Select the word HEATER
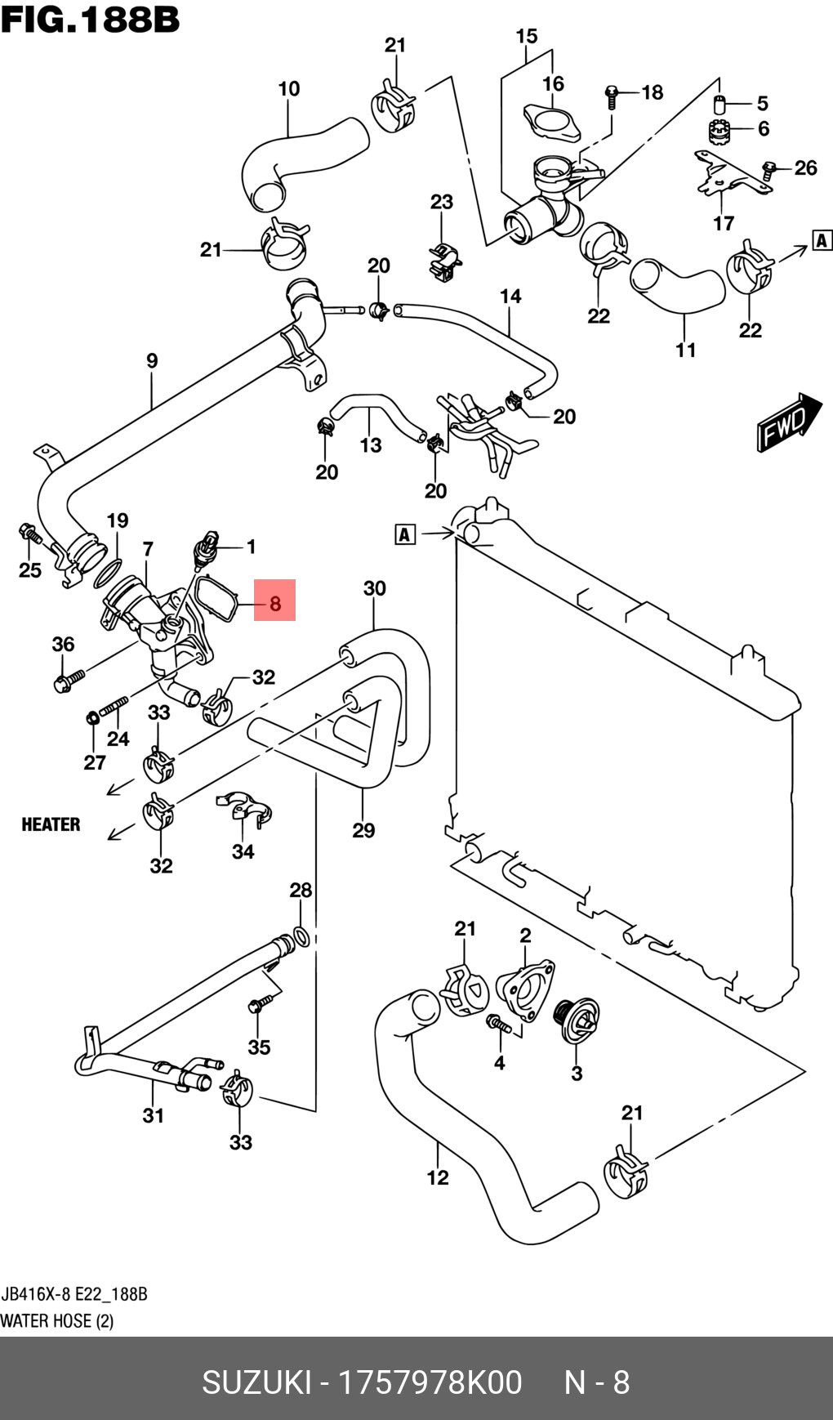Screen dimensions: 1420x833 click(51, 824)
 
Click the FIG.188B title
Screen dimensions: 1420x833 click(90, 20)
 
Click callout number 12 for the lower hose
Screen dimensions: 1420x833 click(438, 1177)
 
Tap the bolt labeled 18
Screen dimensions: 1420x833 click(612, 96)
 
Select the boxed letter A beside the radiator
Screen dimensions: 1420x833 click(405, 534)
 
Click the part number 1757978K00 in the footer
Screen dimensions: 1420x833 click(430, 1382)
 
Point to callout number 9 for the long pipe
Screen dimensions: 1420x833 click(152, 360)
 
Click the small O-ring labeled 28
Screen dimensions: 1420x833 click(301, 937)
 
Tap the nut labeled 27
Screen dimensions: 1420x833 click(93, 719)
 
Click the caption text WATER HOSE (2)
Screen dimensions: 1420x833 click(56, 1321)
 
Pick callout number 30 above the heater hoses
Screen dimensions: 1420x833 click(374, 588)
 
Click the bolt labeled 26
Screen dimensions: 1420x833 click(768, 170)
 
